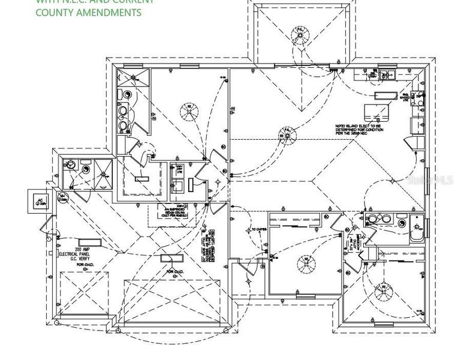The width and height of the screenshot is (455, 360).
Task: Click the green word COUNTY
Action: [54, 13]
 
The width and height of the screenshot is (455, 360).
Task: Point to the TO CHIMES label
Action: [258, 230]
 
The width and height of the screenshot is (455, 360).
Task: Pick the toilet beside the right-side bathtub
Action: [416, 223]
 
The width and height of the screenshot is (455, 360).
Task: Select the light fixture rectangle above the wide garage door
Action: [170, 259]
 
